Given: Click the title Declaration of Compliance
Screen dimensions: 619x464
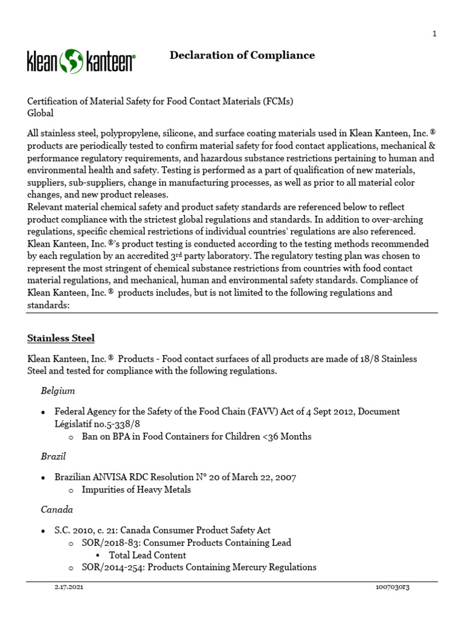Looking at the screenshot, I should tap(242, 56).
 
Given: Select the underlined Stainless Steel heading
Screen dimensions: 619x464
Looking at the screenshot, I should tap(60, 338).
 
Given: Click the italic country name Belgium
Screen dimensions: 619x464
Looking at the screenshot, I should tap(57, 391).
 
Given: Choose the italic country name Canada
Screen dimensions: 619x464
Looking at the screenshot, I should tap(57, 510).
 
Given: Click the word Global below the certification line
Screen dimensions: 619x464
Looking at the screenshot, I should tap(40, 113).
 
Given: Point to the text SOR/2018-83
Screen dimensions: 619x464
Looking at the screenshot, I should tap(108, 543).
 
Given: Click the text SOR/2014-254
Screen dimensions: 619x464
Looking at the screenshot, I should tap(111, 567).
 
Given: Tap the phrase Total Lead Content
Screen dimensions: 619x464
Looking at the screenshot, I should tap(147, 555).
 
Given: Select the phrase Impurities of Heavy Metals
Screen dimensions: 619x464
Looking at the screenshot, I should tap(136, 490).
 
